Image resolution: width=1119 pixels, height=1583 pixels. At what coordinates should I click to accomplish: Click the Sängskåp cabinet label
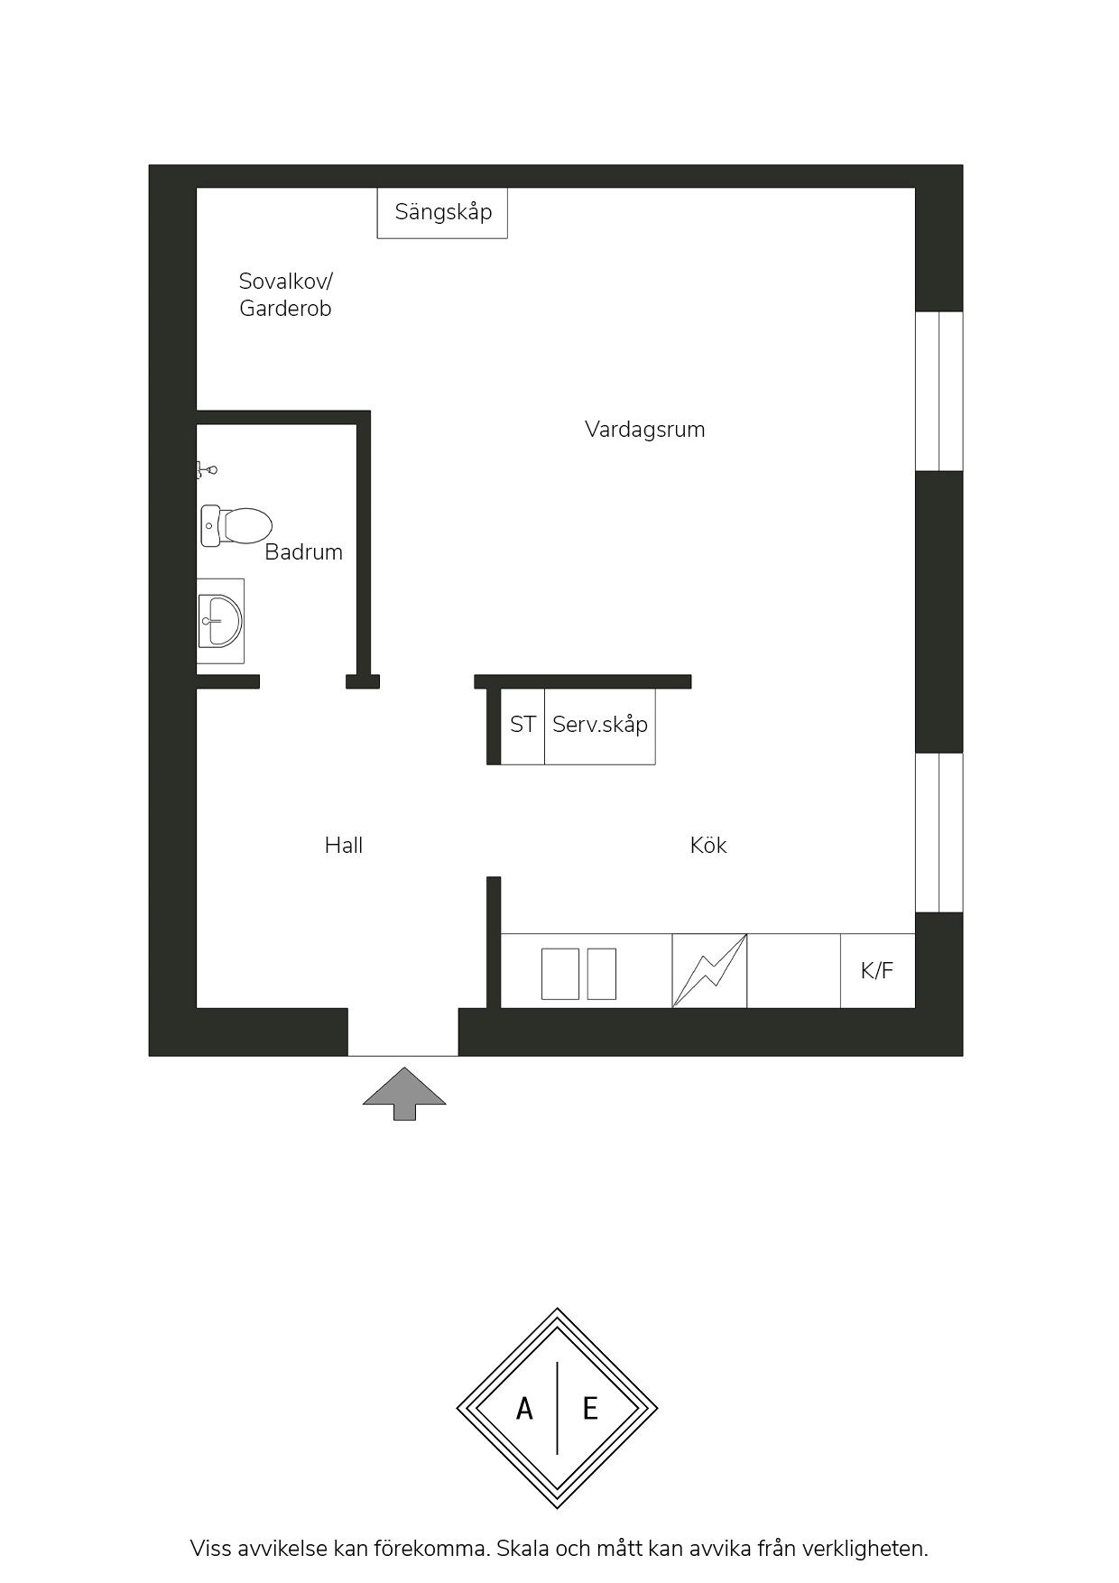tap(443, 213)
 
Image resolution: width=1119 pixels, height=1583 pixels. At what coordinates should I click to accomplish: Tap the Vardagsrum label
tap(645, 430)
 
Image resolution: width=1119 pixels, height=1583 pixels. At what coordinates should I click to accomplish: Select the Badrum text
tap(303, 552)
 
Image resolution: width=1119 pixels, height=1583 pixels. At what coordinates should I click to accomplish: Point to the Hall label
tap(344, 846)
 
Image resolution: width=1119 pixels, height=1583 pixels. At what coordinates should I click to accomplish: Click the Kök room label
tap(708, 846)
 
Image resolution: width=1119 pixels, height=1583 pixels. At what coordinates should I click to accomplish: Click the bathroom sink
tap(221, 621)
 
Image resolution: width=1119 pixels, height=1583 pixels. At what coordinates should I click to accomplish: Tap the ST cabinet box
tap(523, 726)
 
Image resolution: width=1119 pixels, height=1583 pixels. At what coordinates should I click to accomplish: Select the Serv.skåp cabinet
tap(600, 726)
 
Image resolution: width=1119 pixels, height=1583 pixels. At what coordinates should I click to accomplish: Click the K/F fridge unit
tap(878, 970)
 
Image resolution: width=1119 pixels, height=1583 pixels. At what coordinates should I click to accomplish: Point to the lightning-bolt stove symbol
tap(710, 970)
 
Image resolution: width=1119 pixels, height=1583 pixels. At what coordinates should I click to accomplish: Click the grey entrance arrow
tap(404, 1093)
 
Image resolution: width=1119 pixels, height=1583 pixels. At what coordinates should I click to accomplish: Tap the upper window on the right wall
tap(939, 391)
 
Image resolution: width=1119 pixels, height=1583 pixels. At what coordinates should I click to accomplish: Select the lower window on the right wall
tap(939, 832)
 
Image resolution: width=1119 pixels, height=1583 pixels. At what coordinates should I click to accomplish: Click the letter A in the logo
tap(524, 1409)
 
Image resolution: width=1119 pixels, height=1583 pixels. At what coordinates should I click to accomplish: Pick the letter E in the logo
tap(590, 1409)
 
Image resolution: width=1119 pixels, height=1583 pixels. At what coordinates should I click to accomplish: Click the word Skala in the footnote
tap(522, 1549)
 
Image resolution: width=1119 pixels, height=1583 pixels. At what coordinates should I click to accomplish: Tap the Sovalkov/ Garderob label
tap(286, 295)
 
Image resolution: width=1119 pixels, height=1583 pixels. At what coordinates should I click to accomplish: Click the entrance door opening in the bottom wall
tap(403, 1032)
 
